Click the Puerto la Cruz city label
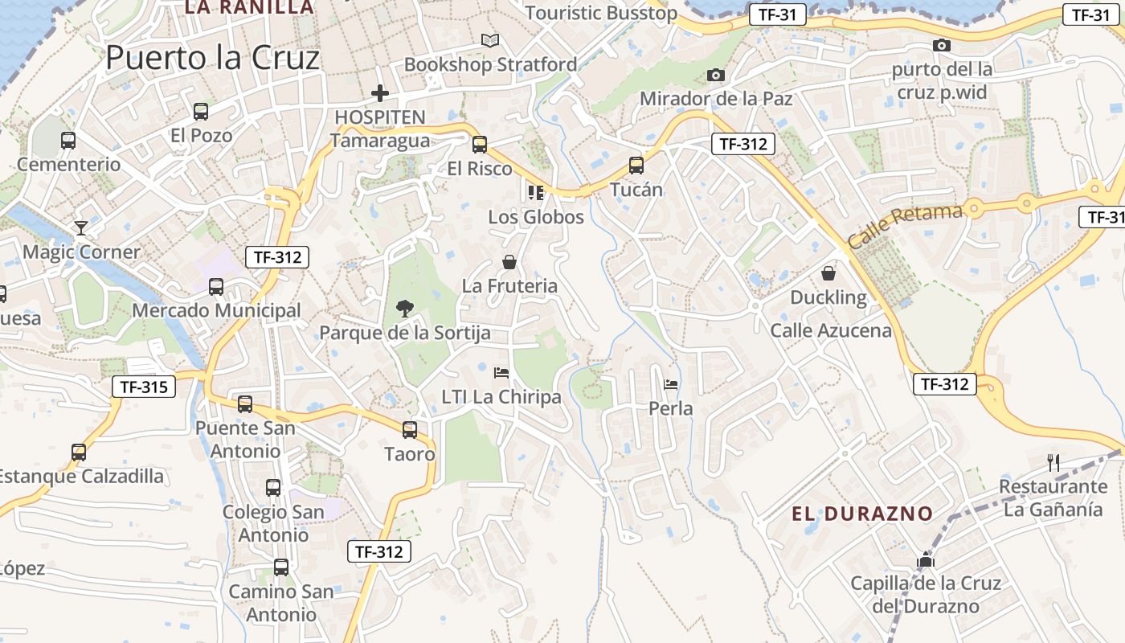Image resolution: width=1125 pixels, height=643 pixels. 213,58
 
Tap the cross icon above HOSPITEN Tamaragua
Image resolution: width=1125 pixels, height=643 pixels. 380,93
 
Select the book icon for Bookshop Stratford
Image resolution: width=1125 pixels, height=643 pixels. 489,40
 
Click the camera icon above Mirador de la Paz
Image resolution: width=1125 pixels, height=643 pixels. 715,75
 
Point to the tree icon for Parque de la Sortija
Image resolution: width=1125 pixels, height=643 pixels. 404,307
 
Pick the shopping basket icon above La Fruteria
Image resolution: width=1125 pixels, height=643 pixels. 509,262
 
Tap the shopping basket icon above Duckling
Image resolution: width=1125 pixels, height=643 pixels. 828,273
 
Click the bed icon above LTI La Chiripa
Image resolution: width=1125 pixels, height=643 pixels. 501,373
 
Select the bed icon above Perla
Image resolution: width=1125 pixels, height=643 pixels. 671,384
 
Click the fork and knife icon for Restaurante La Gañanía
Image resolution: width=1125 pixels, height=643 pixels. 1053,462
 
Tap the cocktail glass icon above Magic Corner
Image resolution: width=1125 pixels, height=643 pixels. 80,228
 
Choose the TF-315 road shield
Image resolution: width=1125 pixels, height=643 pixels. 144,387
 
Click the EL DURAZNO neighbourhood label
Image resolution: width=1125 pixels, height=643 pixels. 862,514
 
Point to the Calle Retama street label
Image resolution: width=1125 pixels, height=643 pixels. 904,226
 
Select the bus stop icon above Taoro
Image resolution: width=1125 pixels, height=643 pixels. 410,430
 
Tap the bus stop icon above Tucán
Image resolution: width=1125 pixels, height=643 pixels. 636,166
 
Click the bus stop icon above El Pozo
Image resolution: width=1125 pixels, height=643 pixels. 201,112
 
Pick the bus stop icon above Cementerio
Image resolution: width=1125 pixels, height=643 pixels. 68,141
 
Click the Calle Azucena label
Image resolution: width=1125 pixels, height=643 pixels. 831,330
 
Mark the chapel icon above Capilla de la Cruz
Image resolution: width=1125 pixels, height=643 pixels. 926,559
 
